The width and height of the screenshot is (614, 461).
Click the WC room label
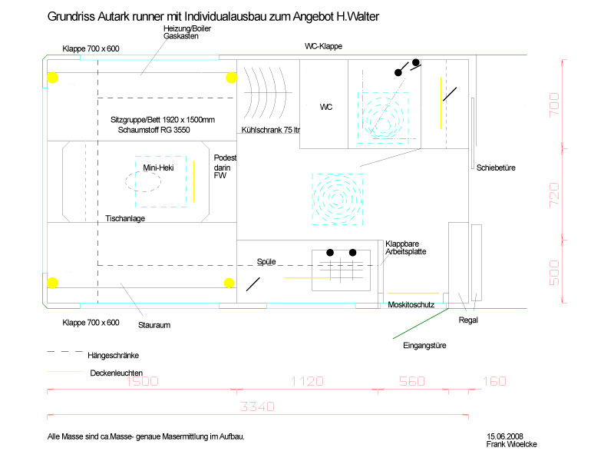point(325,107)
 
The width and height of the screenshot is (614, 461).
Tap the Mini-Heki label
point(158,167)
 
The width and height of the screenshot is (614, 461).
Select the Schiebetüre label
point(496,167)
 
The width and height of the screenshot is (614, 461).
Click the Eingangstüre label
point(424,345)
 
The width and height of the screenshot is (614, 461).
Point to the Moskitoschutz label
point(411,304)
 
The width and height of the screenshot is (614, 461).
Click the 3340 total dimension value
point(257,406)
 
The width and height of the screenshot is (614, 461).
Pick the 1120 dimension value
point(307,381)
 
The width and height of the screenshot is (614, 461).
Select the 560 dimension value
point(412,381)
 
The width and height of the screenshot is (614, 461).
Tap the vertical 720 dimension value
point(554,195)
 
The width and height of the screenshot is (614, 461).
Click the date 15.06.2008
point(505,436)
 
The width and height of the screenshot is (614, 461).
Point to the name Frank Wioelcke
point(511,444)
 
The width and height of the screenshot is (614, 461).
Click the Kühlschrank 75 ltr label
point(271,130)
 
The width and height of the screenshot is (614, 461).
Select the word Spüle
point(266,261)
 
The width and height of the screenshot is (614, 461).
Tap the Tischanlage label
point(125,218)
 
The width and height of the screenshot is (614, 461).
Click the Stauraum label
point(154,325)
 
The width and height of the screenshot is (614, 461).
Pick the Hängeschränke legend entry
point(113,356)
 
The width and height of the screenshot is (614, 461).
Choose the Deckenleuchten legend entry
point(117,373)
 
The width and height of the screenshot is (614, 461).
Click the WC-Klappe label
point(323,46)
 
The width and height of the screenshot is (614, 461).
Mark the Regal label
point(468,320)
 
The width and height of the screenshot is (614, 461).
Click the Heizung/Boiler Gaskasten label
point(187,32)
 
